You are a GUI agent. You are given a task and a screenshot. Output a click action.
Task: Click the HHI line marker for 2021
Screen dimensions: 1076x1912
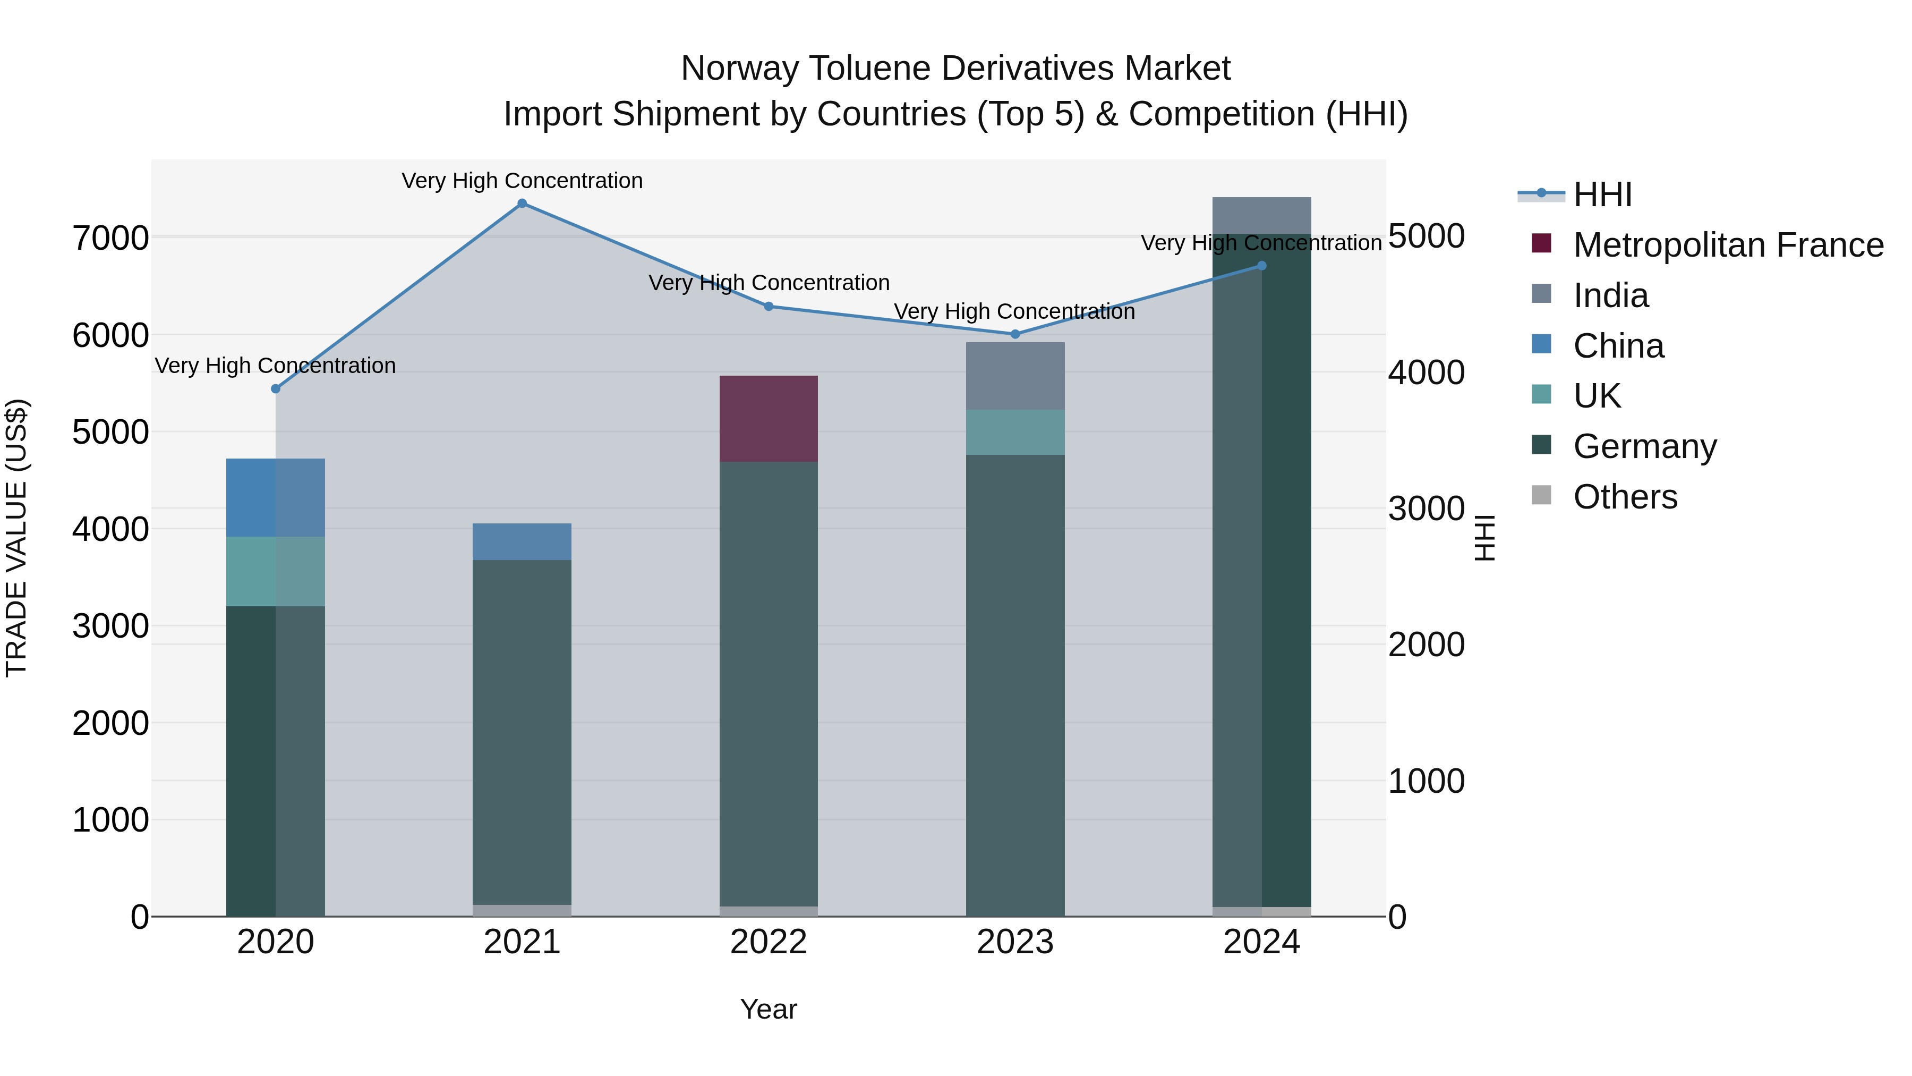coord(522,204)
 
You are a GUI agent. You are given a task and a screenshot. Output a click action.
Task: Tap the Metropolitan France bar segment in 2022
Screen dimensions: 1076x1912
coord(768,419)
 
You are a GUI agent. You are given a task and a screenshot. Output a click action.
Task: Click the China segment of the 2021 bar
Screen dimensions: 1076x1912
coord(522,541)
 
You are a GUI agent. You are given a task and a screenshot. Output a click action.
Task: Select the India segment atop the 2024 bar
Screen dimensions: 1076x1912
coord(1261,215)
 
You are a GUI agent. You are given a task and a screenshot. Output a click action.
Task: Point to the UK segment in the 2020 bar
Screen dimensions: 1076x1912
coord(275,571)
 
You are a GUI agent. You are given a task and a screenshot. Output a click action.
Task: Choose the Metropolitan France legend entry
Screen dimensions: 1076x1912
coord(1727,245)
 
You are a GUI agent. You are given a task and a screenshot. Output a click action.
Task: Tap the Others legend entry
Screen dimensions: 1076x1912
coord(1625,497)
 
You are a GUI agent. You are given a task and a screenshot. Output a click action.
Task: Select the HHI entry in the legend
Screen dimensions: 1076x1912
coord(1602,194)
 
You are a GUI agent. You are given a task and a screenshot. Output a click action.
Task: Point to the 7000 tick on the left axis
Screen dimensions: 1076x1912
coord(110,239)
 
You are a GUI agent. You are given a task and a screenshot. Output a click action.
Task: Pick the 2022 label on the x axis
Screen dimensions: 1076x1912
coord(768,942)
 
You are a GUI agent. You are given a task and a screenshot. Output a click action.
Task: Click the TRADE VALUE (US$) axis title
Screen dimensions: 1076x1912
coord(16,538)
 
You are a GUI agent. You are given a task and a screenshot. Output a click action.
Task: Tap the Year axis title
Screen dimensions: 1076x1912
coord(768,1009)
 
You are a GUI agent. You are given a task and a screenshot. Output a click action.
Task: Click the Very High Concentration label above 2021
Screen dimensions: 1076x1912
coord(522,181)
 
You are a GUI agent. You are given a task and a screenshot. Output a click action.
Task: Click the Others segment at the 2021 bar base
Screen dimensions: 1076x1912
coord(522,910)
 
